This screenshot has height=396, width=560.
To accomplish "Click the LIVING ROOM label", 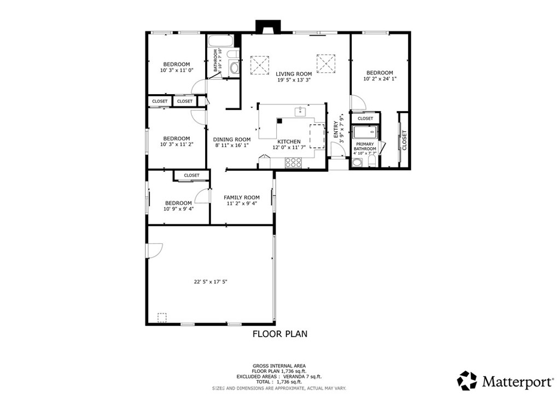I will pyautogui.click(x=294, y=74).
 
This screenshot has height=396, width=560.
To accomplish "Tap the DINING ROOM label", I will pyautogui.click(x=231, y=139).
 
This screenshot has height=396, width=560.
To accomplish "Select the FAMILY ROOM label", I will pyautogui.click(x=242, y=197).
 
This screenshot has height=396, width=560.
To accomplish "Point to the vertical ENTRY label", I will pyautogui.click(x=336, y=130).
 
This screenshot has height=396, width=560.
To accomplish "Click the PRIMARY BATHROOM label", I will pyautogui.click(x=365, y=147).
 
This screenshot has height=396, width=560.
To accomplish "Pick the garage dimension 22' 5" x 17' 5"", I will pyautogui.click(x=210, y=282).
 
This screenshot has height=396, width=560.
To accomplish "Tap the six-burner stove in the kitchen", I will pyautogui.click(x=294, y=162).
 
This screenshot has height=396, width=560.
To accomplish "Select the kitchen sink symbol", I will pyautogui.click(x=300, y=112).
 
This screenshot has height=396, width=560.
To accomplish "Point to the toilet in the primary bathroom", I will pyautogui.click(x=371, y=162).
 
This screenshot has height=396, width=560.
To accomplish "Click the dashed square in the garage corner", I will pyautogui.click(x=162, y=317).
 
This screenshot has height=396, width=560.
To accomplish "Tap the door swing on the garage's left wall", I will pyautogui.click(x=154, y=249).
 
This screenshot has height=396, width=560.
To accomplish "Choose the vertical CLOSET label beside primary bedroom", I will pyautogui.click(x=404, y=140).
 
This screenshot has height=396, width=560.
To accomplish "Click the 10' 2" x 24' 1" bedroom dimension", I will pyautogui.click(x=380, y=79).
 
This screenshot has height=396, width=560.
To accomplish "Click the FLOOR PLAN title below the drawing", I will pyautogui.click(x=279, y=334).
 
